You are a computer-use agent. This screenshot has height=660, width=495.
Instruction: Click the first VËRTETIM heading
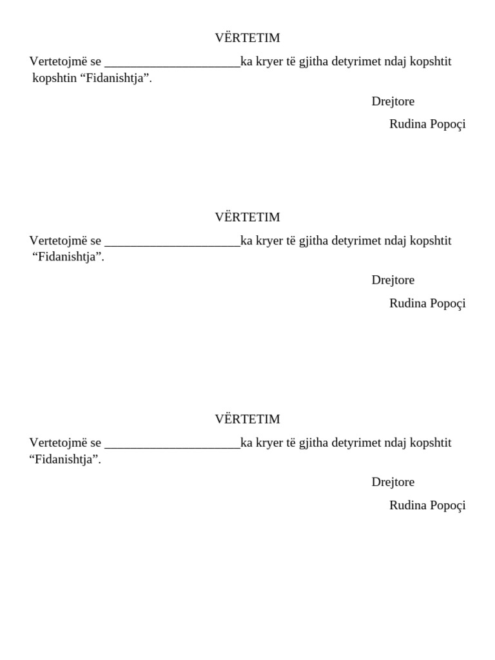(247, 38)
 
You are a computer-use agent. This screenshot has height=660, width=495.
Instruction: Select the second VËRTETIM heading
(247, 217)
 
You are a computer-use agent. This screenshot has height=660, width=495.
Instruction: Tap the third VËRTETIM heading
(247, 419)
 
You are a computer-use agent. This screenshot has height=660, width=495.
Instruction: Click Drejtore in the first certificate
(393, 101)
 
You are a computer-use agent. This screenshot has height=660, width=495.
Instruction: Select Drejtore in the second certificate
(393, 280)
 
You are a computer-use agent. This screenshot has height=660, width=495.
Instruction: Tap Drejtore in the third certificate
(393, 481)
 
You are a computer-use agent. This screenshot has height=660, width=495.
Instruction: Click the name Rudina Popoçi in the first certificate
(427, 124)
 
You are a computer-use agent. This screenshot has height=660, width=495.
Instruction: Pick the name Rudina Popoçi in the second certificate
(427, 303)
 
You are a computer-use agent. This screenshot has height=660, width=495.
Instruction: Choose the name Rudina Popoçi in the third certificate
(427, 505)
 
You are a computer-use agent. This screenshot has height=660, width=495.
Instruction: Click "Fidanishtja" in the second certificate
(68, 257)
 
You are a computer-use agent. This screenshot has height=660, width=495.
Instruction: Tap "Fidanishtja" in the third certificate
(65, 460)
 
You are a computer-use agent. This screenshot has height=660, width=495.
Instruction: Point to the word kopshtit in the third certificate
(430, 443)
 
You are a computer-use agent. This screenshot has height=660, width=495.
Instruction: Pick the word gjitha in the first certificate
(315, 62)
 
